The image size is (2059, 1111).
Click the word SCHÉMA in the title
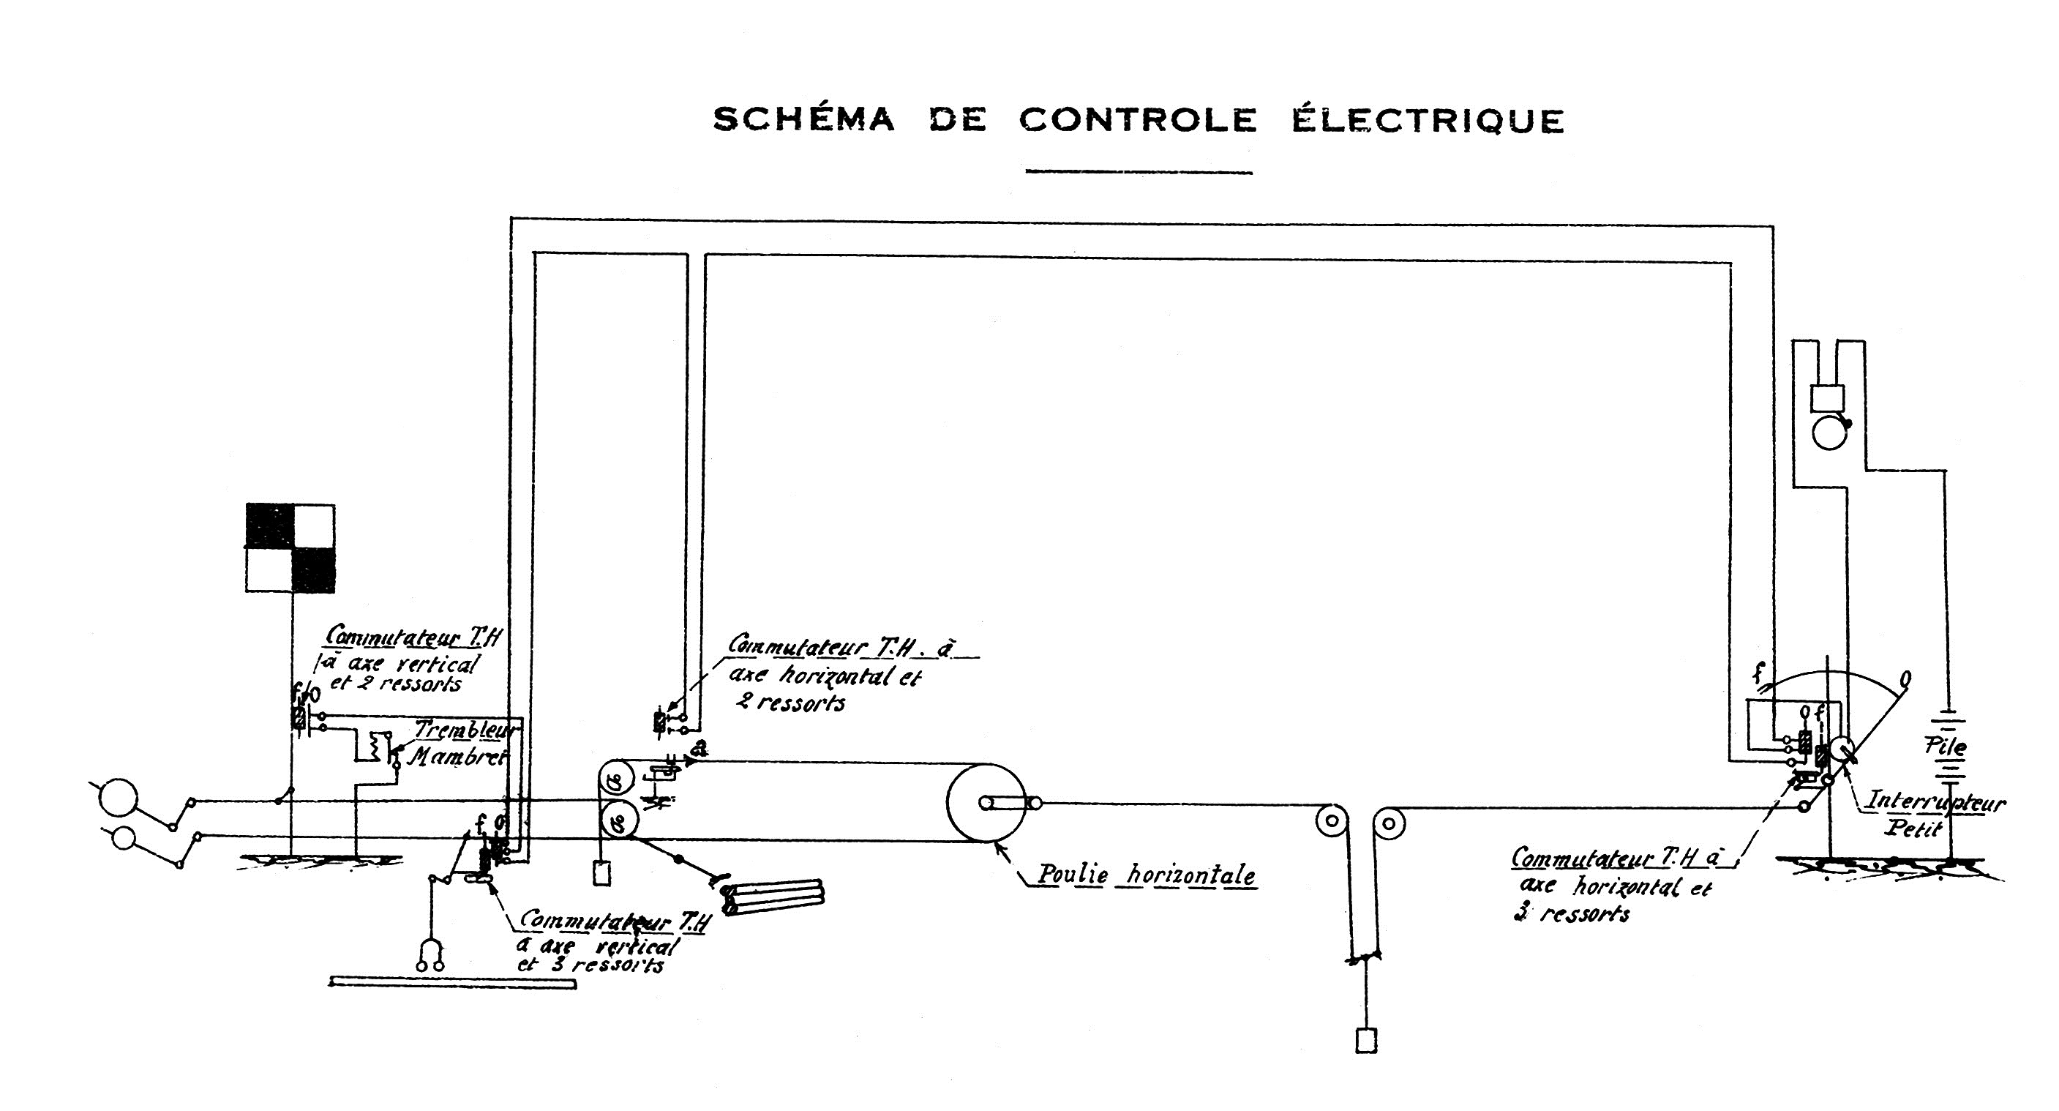click(803, 121)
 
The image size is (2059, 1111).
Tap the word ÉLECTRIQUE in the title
click(1428, 121)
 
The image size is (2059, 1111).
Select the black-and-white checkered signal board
click(290, 548)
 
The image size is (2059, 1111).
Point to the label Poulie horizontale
click(1146, 875)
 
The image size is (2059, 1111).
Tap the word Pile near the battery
click(1946, 748)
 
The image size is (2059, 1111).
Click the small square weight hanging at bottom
click(1366, 1041)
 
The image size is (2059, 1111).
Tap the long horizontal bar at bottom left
click(452, 984)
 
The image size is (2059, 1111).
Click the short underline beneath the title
click(1139, 171)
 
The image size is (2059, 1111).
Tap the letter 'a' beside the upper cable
click(701, 749)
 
